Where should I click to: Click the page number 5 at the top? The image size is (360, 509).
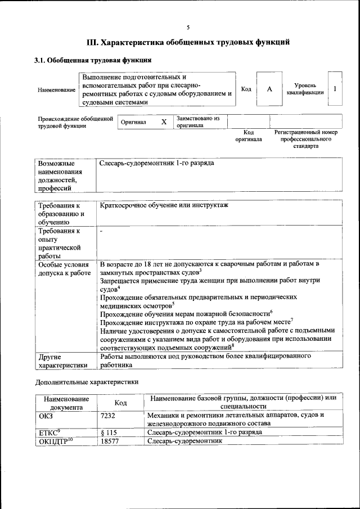tap(188, 27)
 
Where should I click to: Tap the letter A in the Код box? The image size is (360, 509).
tap(269, 89)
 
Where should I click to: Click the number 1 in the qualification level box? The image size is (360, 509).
tap(335, 89)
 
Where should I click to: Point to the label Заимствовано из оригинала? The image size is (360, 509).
tap(198, 122)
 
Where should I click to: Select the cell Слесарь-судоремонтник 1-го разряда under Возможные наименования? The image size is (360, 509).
tap(156, 163)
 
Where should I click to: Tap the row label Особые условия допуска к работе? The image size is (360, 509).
tap(64, 268)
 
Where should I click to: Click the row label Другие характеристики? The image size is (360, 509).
tap(62, 361)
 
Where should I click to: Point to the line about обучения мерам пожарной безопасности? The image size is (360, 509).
tap(186, 313)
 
